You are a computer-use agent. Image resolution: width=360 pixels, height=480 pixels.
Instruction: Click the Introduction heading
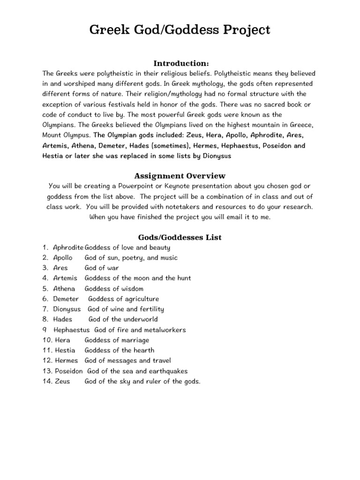pos(180,63)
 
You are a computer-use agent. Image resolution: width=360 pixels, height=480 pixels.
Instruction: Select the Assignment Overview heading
pos(180,176)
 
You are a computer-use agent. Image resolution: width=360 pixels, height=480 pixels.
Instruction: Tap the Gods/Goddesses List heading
pos(180,237)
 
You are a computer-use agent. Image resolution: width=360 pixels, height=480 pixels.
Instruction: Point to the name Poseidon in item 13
pos(68,371)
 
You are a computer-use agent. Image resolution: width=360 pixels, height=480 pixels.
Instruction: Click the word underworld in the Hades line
pos(141,320)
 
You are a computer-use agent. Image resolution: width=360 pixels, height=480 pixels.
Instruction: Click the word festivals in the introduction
pos(120,105)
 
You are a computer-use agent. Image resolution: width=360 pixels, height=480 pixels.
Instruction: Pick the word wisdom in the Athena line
pos(132,289)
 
